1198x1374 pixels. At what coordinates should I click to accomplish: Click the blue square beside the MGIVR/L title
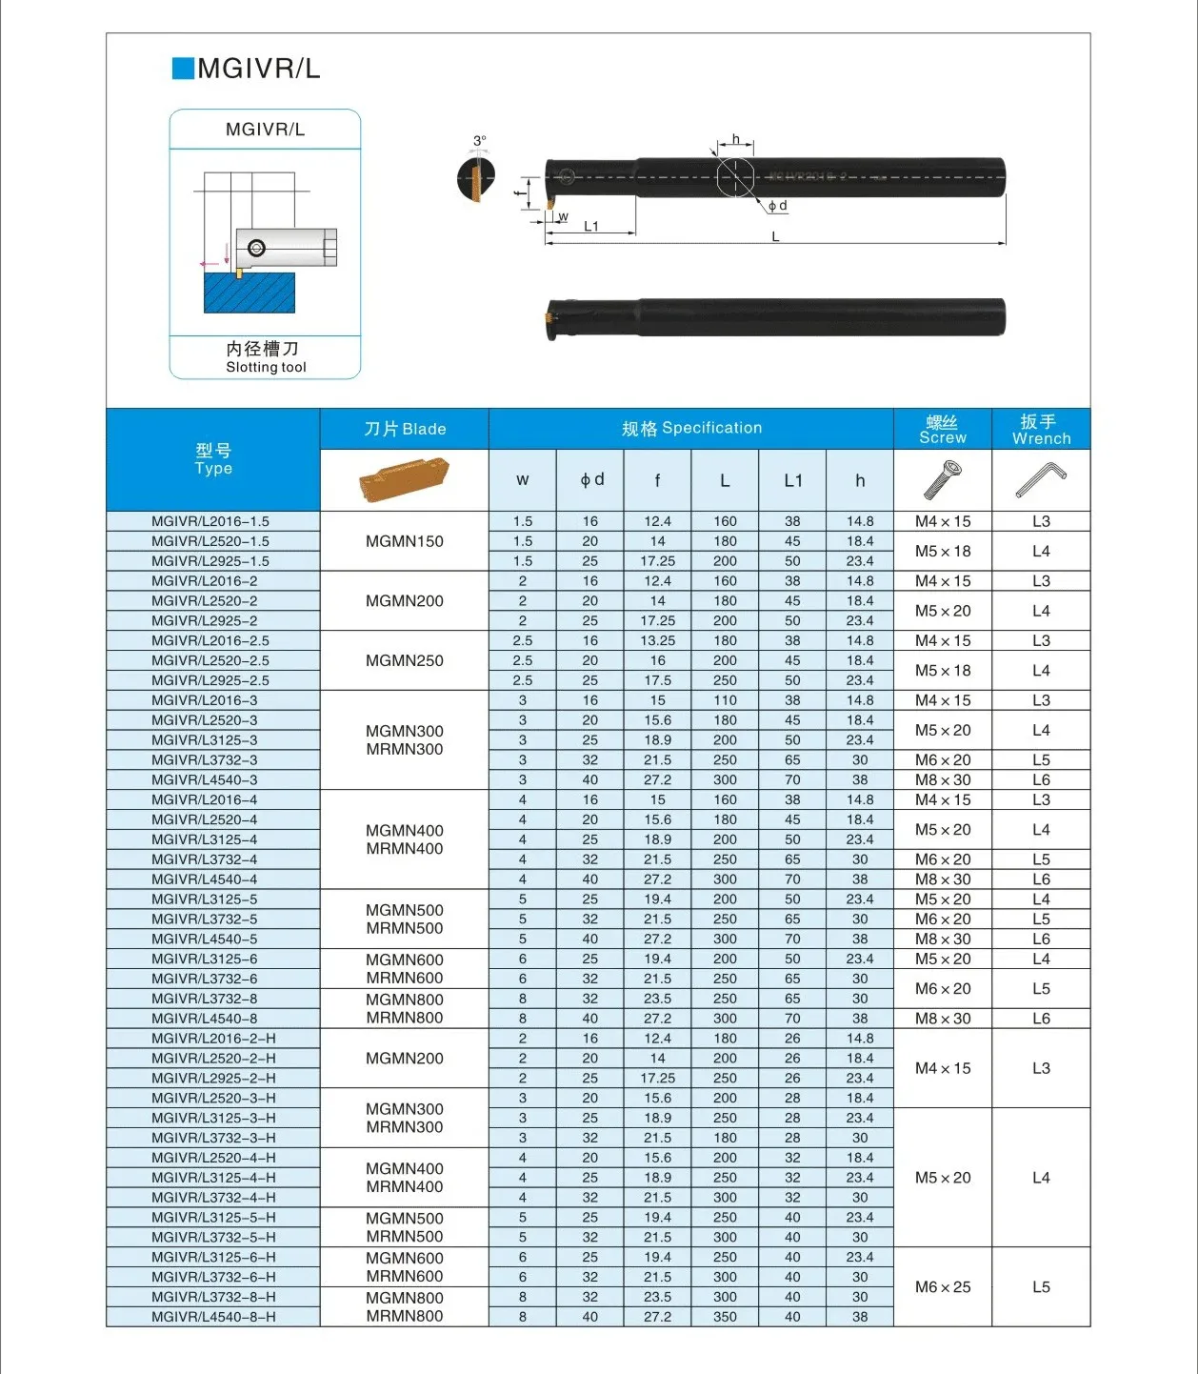point(183,69)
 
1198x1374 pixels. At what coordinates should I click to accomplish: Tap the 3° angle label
point(480,141)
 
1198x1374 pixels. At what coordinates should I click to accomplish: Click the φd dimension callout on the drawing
point(778,206)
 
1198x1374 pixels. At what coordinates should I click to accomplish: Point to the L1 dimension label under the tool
point(591,227)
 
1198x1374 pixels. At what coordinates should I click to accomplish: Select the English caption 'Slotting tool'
point(266,368)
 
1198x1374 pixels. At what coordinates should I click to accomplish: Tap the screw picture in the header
point(943,479)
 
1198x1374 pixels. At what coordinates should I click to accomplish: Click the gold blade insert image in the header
point(404,479)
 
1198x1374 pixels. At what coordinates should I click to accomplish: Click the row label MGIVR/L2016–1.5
point(210,521)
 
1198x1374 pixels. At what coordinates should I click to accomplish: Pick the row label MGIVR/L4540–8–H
point(213,1317)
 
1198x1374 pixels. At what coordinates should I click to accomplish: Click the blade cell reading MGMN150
point(405,541)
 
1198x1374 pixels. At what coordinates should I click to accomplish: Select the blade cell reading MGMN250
point(405,660)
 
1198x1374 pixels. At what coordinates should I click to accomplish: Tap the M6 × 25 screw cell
point(943,1287)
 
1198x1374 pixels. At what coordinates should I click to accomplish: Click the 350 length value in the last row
point(725,1317)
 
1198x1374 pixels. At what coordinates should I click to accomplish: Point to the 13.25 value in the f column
point(657,640)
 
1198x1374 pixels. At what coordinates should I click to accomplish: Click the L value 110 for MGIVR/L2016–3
point(725,700)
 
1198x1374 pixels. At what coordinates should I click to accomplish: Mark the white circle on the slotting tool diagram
point(256,249)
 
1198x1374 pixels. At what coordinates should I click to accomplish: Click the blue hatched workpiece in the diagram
point(250,293)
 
